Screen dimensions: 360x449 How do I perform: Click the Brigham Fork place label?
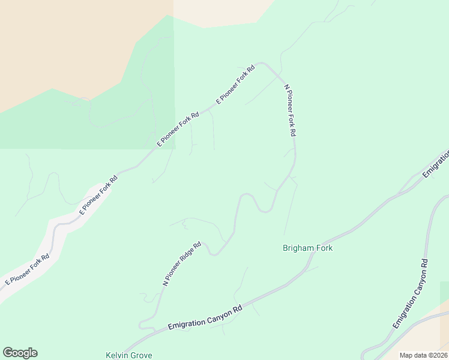[307, 248]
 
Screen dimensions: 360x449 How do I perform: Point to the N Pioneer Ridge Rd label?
[182, 263]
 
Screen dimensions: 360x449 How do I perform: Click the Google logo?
[20, 353]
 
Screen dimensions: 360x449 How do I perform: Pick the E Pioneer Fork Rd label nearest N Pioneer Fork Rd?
[235, 85]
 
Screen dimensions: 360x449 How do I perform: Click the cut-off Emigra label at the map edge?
[437, 163]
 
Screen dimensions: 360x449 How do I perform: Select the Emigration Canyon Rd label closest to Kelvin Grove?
[205, 317]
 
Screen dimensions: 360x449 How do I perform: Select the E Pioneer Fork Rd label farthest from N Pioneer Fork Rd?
[27, 269]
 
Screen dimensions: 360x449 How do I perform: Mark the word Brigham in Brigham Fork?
[298, 248]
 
